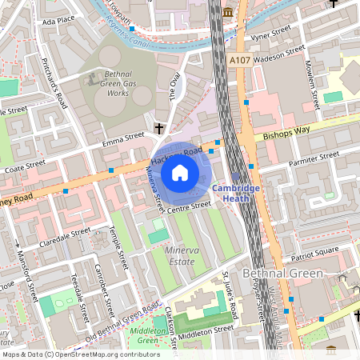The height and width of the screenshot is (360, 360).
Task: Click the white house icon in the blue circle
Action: click(x=181, y=171)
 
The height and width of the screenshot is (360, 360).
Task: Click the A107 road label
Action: click(x=239, y=60)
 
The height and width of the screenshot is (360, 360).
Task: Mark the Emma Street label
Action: click(x=123, y=140)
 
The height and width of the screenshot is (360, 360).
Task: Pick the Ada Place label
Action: click(x=58, y=19)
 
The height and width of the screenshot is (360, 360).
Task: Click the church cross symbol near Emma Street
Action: click(x=159, y=128)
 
